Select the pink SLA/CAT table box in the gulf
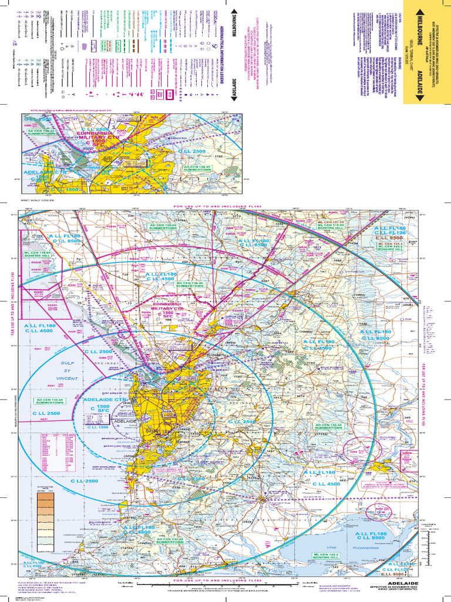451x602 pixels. pos(63,450)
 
